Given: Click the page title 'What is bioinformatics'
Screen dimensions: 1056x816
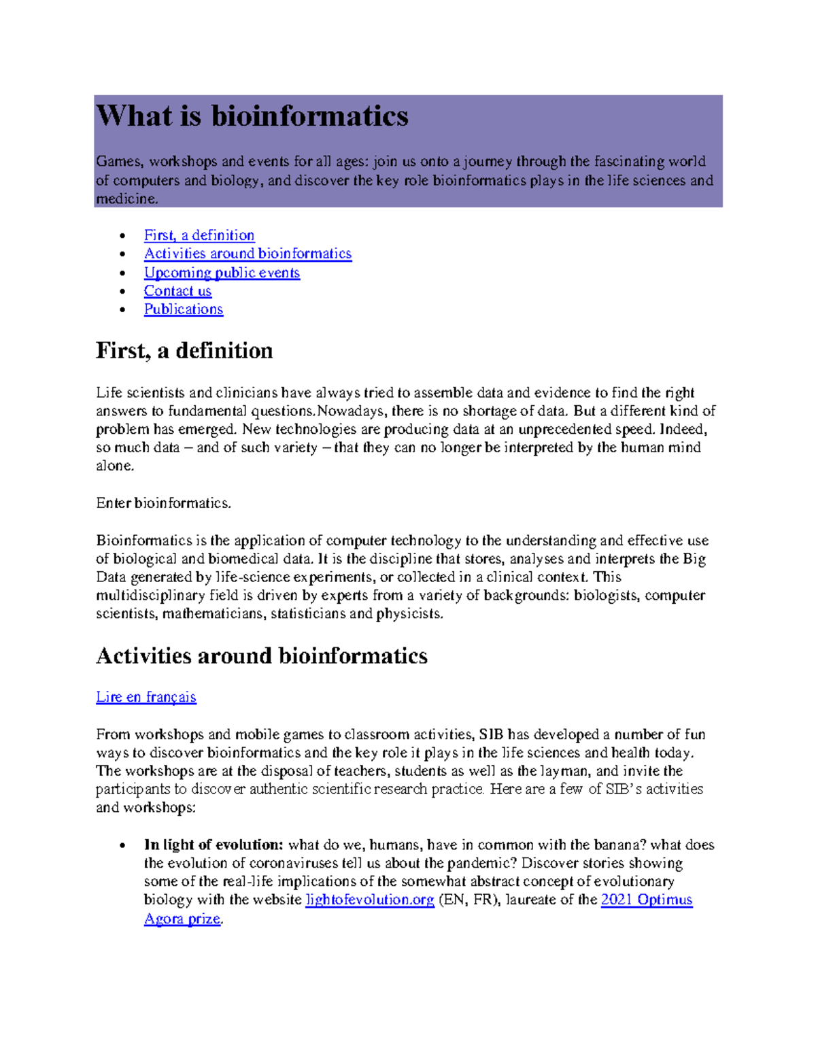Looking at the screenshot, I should [252, 116].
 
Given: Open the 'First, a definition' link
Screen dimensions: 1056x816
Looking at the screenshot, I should [199, 235].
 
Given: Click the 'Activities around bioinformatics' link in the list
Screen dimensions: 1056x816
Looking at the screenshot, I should [248, 254].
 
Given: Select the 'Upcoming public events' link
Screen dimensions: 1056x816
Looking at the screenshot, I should [222, 273].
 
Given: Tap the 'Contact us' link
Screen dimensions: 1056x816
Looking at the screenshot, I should [177, 291].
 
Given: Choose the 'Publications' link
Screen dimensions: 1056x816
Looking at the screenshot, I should [184, 309].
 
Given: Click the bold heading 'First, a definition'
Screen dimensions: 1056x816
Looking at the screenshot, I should [184, 351].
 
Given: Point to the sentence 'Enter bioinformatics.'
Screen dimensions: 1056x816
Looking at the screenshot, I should [164, 503].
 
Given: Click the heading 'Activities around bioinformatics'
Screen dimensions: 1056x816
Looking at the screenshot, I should [262, 655].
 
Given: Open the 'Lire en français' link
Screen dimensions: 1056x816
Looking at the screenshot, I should [146, 697].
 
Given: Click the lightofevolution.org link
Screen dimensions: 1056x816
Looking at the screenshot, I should [370, 900].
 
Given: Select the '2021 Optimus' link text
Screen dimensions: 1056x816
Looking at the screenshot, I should [647, 900].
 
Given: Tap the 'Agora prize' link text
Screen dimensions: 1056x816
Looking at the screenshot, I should [182, 919].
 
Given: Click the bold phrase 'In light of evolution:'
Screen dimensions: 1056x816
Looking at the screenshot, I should [214, 845].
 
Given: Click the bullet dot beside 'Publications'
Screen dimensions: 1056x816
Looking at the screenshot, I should [122, 309].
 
